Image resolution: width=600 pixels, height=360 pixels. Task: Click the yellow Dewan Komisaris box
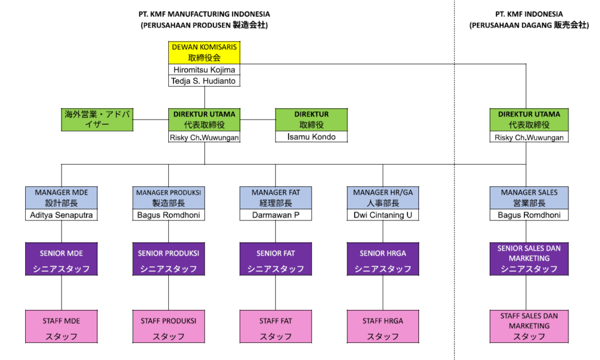204,52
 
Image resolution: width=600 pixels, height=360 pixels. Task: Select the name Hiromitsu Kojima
204,70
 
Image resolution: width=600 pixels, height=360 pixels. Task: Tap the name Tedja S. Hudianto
204,81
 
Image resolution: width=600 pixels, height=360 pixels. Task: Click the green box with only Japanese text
97,120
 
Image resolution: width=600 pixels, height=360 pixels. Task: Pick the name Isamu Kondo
311,137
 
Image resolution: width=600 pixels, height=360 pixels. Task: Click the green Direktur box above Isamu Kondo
311,120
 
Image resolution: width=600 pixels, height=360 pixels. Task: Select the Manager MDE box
62,198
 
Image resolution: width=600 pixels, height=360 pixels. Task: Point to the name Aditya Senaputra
62,215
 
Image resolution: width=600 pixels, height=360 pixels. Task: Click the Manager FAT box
276,198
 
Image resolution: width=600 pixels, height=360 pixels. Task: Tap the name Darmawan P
276,215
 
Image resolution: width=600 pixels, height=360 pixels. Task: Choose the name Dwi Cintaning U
383,215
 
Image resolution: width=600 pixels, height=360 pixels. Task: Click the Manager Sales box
529,198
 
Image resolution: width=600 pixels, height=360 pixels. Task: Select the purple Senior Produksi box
168,259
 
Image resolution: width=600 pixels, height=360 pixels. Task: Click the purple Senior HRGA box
383,259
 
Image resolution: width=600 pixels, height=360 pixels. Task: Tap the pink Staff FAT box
276,327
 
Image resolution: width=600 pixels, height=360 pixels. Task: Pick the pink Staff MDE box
62,327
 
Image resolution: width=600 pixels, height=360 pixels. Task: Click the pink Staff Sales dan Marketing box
529,327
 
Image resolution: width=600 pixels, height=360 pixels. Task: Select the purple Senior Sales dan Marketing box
529,259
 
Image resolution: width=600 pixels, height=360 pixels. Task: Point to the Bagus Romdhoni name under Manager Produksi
168,215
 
